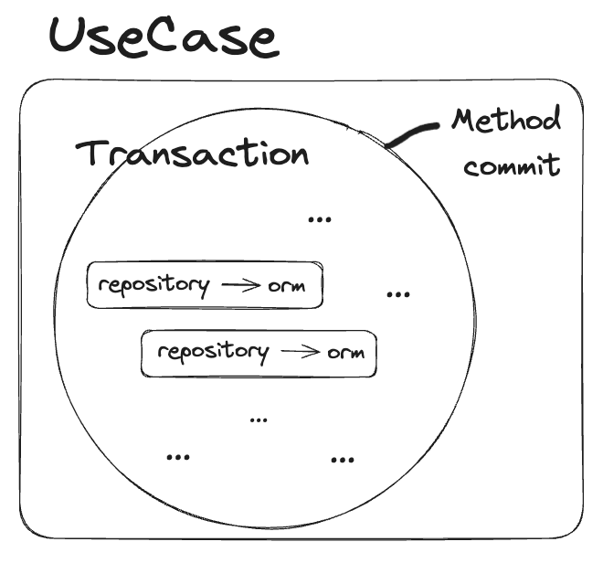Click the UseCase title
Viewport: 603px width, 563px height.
162,37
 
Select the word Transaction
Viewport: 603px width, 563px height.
193,153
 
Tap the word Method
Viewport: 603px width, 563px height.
505,122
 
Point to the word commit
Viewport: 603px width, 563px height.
512,167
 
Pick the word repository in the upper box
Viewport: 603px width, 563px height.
153,284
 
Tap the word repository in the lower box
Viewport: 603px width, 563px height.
212,352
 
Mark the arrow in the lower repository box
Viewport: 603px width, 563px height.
300,353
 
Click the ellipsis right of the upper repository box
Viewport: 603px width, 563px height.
397,294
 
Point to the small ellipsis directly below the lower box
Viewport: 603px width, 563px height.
259,419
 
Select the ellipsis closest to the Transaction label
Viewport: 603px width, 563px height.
320,218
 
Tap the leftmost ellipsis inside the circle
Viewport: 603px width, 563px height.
177,455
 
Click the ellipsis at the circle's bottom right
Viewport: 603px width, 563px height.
342,459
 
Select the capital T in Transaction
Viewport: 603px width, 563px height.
93,153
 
